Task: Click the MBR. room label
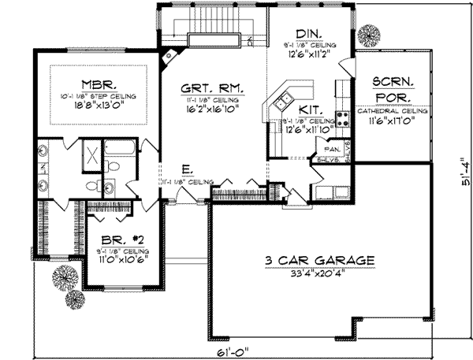tap(99, 84)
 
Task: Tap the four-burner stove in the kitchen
tap(345, 119)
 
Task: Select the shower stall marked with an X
tap(91, 154)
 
